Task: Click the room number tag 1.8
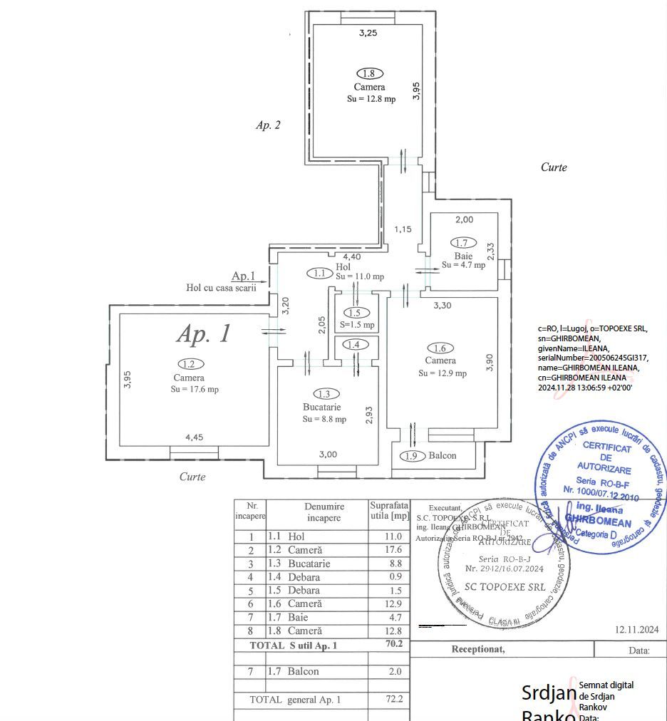tap(369, 73)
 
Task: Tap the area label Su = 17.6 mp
tap(195, 389)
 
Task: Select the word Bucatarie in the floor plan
tap(321, 407)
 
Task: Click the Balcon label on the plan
tap(442, 456)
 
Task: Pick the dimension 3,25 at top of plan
tap(368, 33)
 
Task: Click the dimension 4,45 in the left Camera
tap(195, 438)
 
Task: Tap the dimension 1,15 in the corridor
tap(404, 229)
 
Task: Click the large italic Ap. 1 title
tap(204, 333)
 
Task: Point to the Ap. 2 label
tap(268, 125)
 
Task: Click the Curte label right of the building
tap(554, 167)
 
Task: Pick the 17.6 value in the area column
tap(393, 550)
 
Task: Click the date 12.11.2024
tap(636, 630)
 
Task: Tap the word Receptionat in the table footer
tap(478, 649)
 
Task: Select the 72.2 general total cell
tap(394, 700)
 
